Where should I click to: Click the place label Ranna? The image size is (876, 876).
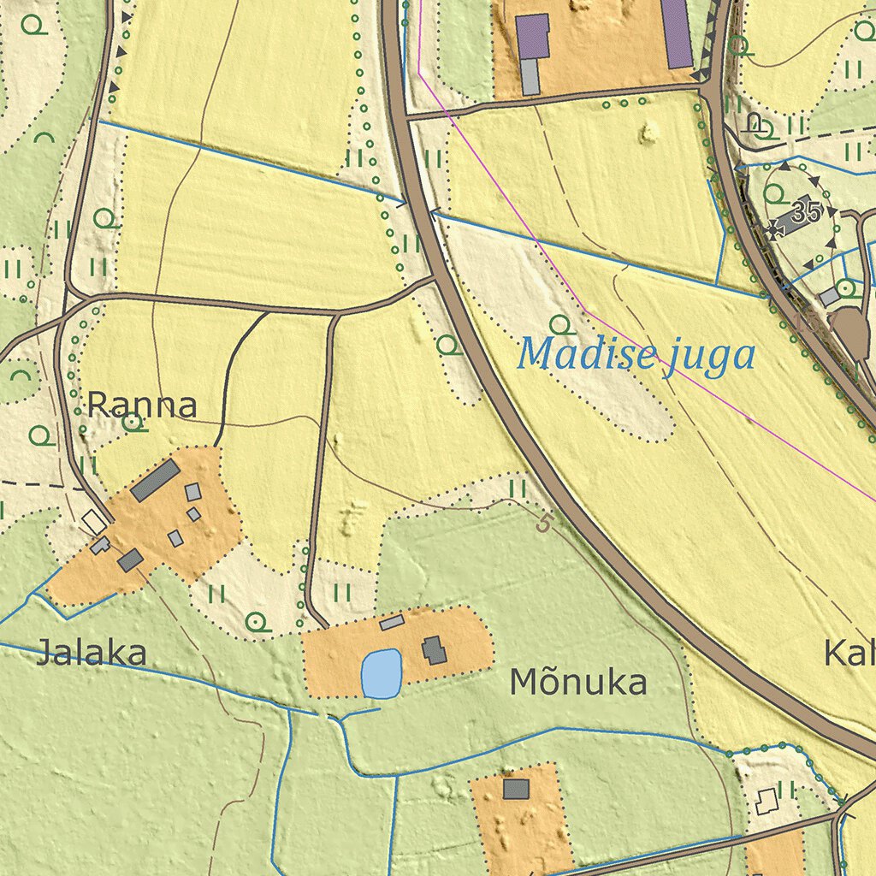pos(142,405)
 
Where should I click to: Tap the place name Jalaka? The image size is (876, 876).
pos(92,654)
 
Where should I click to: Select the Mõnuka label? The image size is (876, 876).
pos(577,683)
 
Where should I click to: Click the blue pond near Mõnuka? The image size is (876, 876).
pos(382,673)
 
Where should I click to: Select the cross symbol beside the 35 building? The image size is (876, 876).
pos(777,228)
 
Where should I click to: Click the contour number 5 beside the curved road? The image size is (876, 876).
pos(543,523)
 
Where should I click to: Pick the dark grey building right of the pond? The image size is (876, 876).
pos(434,650)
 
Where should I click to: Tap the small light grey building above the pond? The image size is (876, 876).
pos(392,622)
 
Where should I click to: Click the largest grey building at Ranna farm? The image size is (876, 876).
pos(155,480)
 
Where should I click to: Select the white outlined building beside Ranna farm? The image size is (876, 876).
pos(94,519)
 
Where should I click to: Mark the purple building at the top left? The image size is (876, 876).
pos(532,36)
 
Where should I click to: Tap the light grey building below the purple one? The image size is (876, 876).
pos(530,77)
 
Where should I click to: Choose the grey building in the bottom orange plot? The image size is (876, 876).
pos(516,788)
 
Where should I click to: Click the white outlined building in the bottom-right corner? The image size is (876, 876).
pos(766,800)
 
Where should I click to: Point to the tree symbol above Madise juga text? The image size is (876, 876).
pos(560,324)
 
